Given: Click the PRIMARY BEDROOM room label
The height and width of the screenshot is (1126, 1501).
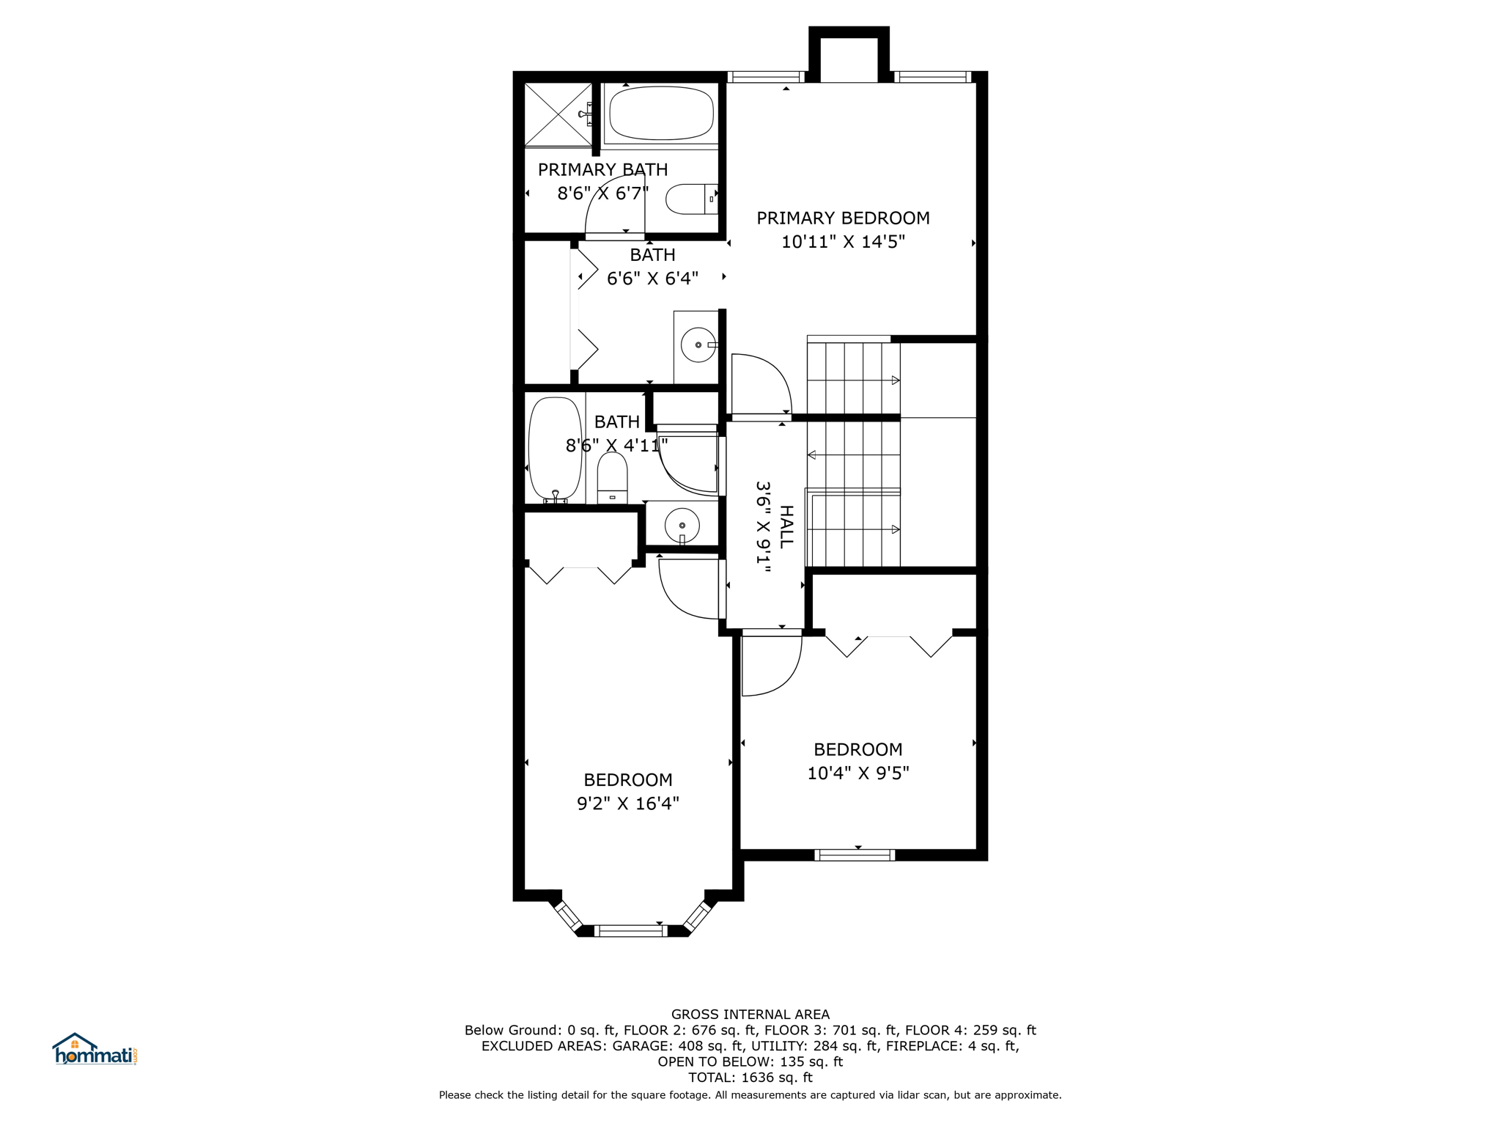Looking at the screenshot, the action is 843,218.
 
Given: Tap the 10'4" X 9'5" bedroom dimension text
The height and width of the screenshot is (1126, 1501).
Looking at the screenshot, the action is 858,773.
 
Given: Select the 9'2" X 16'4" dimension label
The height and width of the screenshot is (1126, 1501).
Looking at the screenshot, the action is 628,803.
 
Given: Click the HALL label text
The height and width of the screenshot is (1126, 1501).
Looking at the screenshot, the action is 786,526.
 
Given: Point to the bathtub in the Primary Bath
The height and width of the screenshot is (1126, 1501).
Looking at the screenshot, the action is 661,114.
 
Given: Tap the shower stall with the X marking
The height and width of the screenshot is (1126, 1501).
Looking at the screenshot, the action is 558,114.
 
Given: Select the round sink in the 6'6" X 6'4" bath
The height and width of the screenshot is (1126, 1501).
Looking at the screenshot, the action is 698,345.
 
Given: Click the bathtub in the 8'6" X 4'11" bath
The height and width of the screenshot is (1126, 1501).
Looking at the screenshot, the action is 555,449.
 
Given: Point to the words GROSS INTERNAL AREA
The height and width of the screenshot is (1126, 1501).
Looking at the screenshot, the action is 750,1015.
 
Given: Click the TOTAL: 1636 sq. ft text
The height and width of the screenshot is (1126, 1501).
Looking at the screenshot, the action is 750,1078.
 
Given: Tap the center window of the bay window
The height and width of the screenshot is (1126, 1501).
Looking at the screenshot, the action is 630,931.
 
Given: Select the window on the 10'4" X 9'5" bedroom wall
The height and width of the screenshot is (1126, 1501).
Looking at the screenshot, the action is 855,855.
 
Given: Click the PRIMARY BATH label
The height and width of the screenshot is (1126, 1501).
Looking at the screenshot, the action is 602,169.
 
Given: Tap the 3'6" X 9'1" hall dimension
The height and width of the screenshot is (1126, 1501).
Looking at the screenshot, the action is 764,527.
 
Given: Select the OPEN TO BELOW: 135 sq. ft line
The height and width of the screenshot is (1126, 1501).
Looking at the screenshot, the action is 750,1061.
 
